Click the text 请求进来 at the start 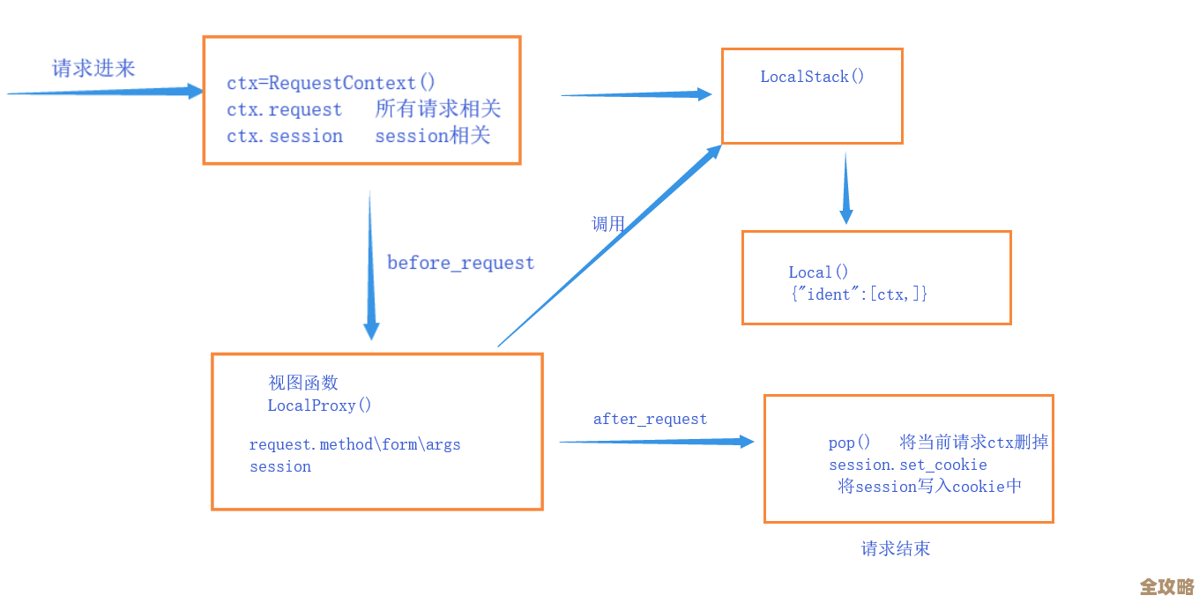[x=93, y=69]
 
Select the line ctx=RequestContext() [x=331, y=83]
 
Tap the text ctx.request [x=284, y=110]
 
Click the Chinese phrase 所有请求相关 [x=437, y=109]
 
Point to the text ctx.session [x=284, y=137]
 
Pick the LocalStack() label [x=812, y=77]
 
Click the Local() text [x=818, y=272]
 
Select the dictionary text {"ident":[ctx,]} [x=859, y=294]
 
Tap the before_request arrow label [x=460, y=263]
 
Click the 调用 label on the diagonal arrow [x=607, y=224]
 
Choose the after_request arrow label [x=650, y=419]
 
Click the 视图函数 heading [x=303, y=383]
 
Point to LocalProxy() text [x=319, y=406]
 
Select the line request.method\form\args [x=354, y=444]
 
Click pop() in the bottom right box [x=849, y=443]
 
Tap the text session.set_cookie [x=907, y=465]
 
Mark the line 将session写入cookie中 [x=929, y=487]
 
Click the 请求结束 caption [x=895, y=548]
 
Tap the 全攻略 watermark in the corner [x=1165, y=586]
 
